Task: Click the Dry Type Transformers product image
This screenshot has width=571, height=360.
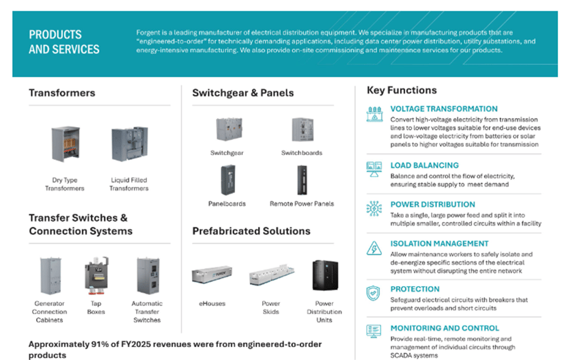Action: click(x=66, y=144)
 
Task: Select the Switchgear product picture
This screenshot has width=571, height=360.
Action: click(x=227, y=129)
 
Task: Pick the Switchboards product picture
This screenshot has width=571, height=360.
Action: click(x=302, y=129)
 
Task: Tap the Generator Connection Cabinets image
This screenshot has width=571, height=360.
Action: click(x=49, y=275)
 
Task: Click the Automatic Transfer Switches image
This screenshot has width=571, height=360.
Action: click(x=147, y=275)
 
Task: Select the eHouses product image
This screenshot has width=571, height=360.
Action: click(x=211, y=275)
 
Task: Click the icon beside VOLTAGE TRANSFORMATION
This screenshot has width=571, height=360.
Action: click(x=374, y=114)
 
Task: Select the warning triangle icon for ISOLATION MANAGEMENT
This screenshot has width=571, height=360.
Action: click(x=374, y=248)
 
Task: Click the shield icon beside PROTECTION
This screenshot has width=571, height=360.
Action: click(x=374, y=293)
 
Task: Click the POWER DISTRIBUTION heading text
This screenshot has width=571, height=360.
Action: click(x=432, y=204)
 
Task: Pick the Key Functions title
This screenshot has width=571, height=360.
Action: click(x=402, y=90)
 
